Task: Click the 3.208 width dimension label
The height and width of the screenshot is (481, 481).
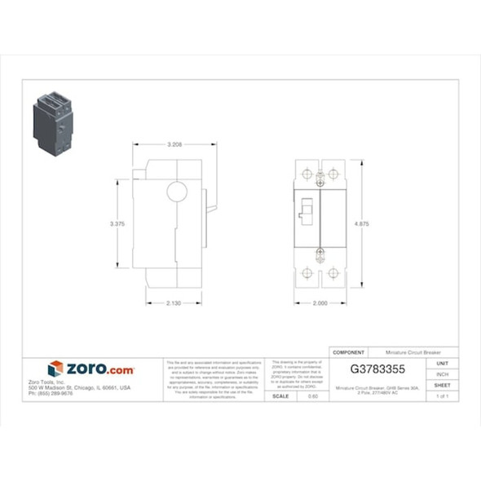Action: coord(174,144)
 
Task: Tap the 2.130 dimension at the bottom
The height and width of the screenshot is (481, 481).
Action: coord(174,303)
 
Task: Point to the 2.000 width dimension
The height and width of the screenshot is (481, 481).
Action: coord(320,303)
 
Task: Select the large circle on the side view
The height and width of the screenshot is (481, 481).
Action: coord(177,192)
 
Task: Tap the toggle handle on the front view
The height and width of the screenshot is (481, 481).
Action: coord(307,213)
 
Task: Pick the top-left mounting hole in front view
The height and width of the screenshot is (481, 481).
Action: coord(307,174)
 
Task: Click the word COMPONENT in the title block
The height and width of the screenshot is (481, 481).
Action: coord(349,352)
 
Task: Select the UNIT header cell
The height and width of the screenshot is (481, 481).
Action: coord(443,363)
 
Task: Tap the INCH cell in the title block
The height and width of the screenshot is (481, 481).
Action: coord(443,374)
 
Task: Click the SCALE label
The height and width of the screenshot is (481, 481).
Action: coord(280,396)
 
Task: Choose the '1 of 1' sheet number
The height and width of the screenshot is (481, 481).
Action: coord(443,396)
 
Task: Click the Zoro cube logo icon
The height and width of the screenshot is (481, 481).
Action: coord(55,369)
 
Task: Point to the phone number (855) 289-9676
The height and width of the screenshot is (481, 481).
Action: coord(50,394)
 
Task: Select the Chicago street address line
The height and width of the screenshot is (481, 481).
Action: coord(79,388)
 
